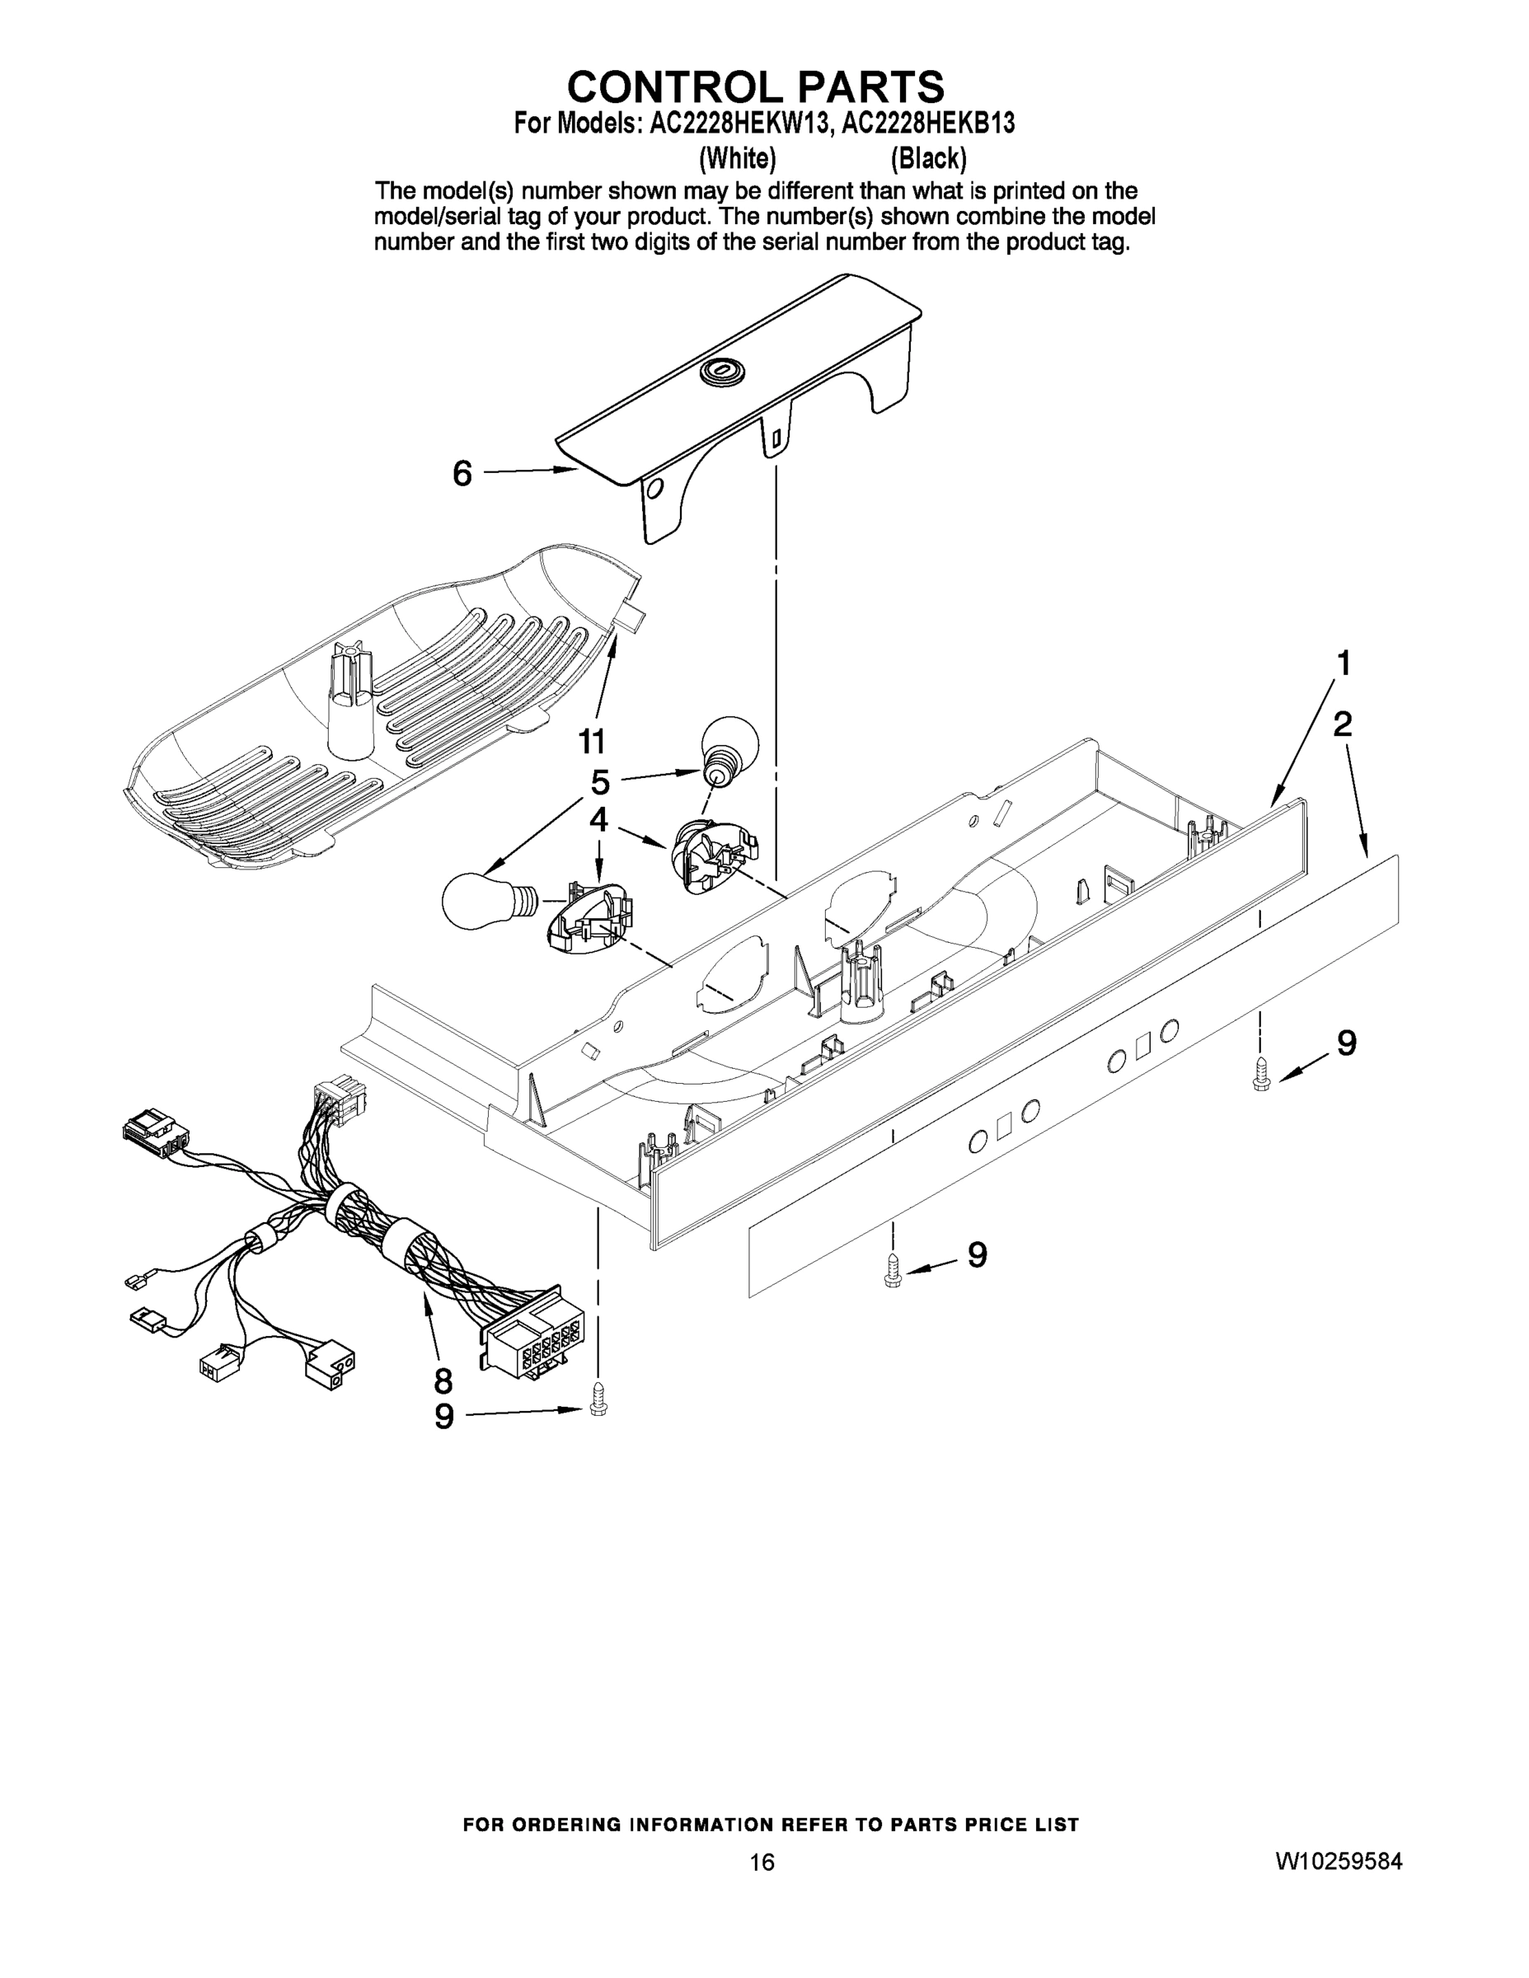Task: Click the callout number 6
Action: click(x=462, y=473)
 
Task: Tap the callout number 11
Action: click(x=592, y=742)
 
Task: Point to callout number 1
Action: click(x=1344, y=663)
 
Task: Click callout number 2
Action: click(x=1343, y=724)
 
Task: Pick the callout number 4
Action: click(x=598, y=820)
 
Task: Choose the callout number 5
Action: click(x=599, y=781)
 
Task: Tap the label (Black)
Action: click(x=928, y=159)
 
